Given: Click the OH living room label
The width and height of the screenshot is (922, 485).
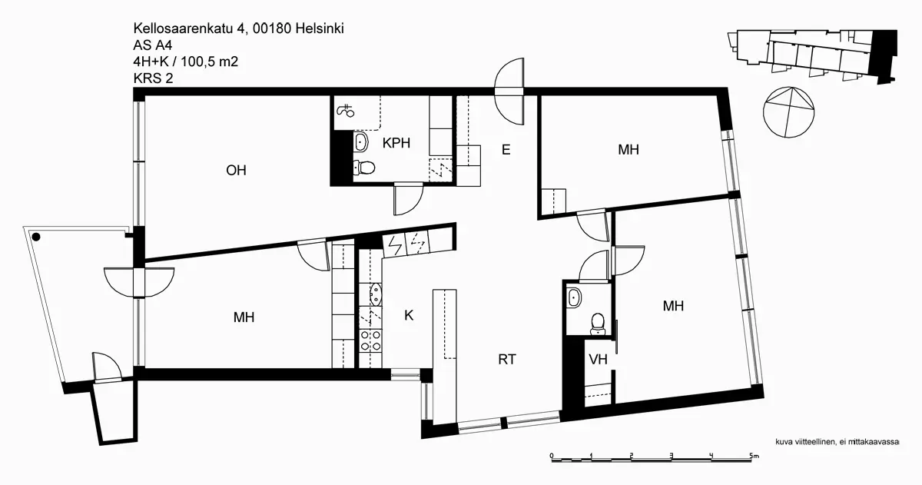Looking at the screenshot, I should (x=236, y=171).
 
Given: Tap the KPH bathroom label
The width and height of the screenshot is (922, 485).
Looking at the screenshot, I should (x=396, y=142).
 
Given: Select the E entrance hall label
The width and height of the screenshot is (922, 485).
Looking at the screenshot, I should (x=506, y=150).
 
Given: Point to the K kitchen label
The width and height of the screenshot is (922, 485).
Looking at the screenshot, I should (x=409, y=314).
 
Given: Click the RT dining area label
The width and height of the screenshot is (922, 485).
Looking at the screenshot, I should (x=506, y=358).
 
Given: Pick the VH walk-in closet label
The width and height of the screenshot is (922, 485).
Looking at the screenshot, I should (x=599, y=359).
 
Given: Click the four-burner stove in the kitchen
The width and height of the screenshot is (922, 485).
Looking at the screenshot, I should (x=370, y=340).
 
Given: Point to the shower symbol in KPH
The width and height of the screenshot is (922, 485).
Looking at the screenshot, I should (x=346, y=110).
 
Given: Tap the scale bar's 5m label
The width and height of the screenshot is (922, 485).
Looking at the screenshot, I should (x=754, y=456).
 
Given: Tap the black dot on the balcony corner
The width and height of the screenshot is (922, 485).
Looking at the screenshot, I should (x=36, y=238).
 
